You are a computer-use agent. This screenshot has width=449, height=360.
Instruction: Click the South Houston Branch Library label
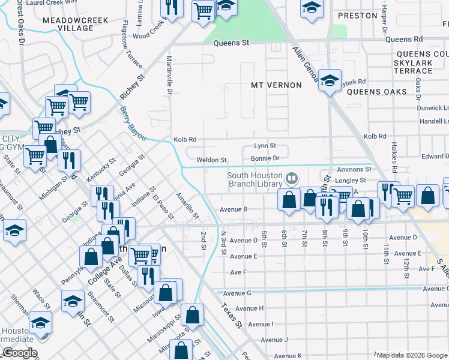(x=255, y=179)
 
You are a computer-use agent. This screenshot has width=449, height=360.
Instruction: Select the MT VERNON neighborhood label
(x=276, y=85)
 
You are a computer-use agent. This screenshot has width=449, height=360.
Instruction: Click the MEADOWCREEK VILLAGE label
(x=76, y=24)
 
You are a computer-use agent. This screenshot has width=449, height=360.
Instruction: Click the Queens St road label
(x=232, y=43)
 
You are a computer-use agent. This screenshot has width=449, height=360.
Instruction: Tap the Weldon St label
(x=211, y=160)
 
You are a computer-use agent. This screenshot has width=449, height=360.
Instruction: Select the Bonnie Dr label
(x=265, y=158)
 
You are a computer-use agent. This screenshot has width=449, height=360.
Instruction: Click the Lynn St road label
(x=265, y=146)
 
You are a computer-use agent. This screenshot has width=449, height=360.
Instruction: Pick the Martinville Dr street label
(x=169, y=76)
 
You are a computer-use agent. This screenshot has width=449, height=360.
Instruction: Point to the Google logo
(x=19, y=353)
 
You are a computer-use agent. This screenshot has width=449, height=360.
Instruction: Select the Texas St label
(x=231, y=316)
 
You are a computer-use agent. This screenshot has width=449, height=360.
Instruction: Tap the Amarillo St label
(x=187, y=204)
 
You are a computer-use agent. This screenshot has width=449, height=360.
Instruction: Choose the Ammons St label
(x=351, y=170)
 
